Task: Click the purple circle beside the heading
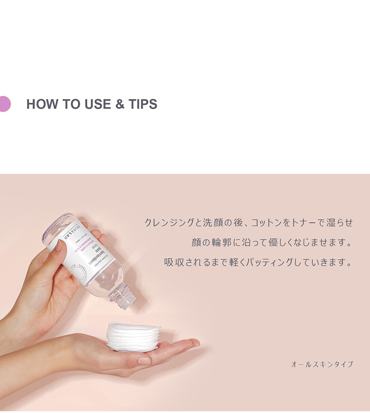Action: pos(4,104)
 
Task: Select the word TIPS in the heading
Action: pos(142,104)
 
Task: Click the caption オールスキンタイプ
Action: pos(322,364)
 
